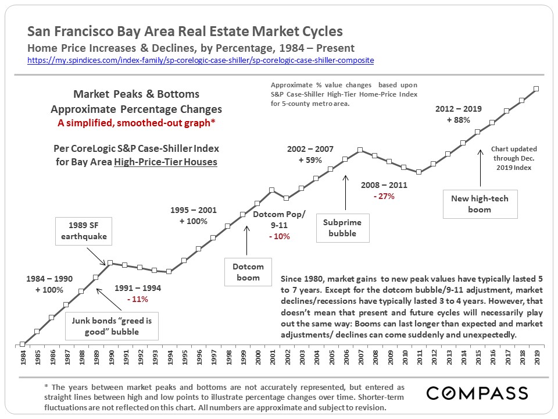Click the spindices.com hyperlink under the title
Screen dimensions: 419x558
pos(201,61)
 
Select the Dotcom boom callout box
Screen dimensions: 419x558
pos(249,272)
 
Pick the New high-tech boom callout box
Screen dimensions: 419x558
pos(480,204)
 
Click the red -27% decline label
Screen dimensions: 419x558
pos(384,197)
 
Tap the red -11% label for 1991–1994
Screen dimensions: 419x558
pos(137,299)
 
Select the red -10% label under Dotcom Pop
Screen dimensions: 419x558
pos(279,236)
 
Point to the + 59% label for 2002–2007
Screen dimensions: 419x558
pos(310,160)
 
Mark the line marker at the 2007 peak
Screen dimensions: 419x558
pos(360,150)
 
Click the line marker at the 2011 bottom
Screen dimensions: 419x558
pos(419,172)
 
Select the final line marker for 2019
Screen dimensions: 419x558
pos(536,88)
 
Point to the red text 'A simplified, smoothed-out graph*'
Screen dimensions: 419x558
pos(136,123)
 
